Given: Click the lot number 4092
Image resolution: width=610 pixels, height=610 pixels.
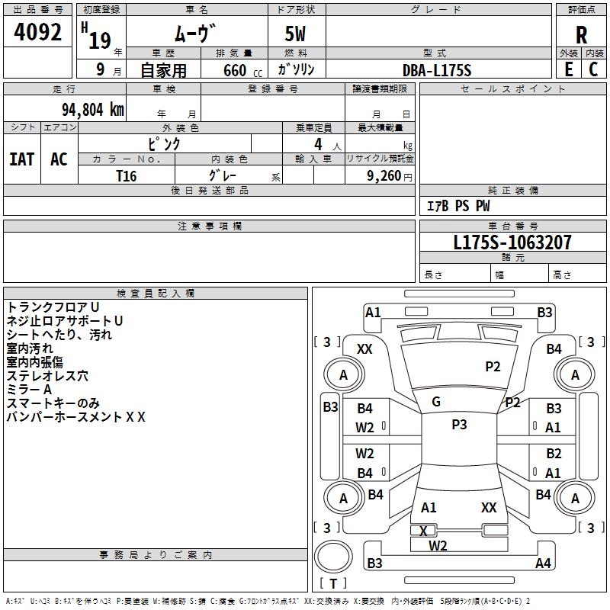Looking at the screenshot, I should (37, 34).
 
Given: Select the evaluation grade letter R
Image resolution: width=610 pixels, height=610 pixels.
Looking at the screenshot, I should (581, 34).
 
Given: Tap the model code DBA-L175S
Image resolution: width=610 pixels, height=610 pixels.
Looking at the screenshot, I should (437, 70).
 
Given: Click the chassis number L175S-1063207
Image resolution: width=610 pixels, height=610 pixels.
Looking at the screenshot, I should (512, 243).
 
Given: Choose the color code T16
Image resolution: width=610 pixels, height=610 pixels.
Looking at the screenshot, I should (126, 175).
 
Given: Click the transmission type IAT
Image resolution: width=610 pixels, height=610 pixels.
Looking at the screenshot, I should (21, 159).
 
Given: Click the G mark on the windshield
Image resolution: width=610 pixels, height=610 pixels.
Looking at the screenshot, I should (436, 402).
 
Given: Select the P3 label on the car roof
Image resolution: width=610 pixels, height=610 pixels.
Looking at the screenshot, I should (459, 425).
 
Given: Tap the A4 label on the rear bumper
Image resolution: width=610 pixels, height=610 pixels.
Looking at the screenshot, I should (543, 563).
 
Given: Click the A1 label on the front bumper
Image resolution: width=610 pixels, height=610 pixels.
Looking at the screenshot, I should (373, 312).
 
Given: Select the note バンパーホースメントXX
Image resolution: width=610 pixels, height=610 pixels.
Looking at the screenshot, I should (75, 416).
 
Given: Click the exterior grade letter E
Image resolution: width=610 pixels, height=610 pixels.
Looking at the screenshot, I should (568, 69).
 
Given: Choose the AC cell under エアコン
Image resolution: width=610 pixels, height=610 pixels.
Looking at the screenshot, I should (59, 159).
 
